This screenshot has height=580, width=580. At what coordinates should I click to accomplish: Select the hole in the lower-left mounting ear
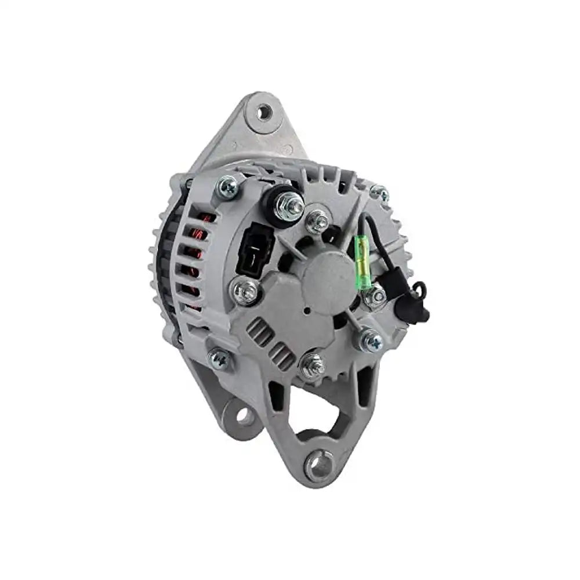click(244, 415)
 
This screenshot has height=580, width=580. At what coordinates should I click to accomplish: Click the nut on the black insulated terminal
click(289, 205)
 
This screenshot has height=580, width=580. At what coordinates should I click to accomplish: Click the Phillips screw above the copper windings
click(227, 187)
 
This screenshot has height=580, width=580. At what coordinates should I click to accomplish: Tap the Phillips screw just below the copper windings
click(219, 359)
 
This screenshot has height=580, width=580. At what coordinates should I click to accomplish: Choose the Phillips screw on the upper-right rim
click(379, 193)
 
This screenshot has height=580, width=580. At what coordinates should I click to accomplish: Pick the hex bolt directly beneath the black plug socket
click(245, 291)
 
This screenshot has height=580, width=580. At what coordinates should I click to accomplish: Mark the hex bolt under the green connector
click(374, 296)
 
